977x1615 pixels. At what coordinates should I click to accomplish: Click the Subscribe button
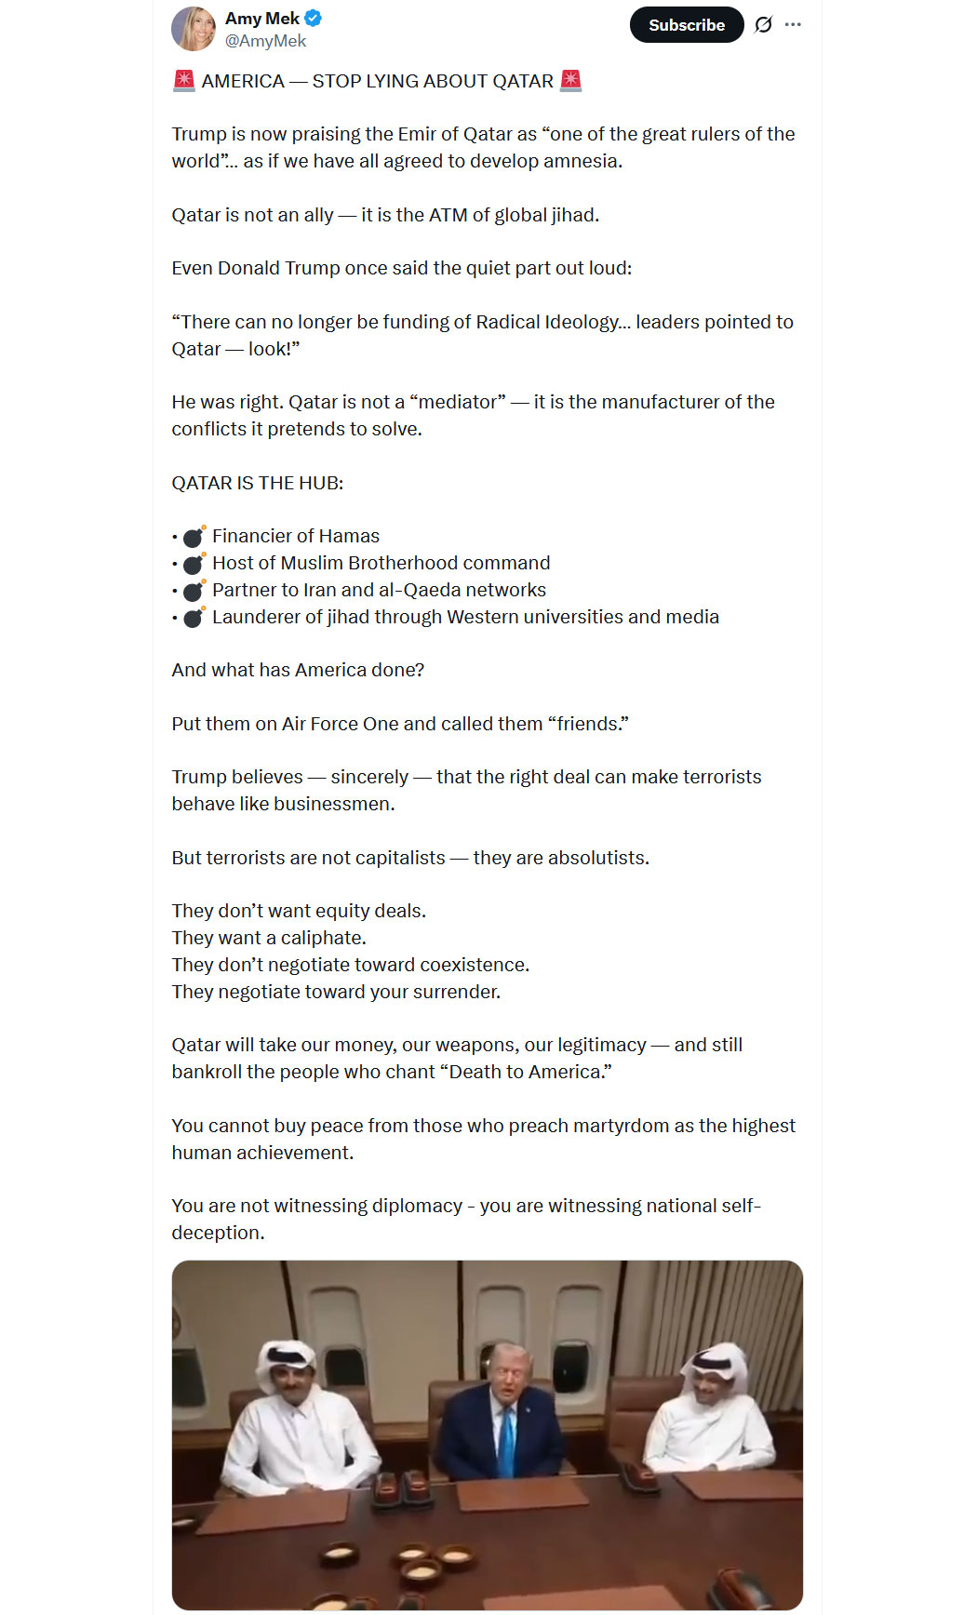pos(686,25)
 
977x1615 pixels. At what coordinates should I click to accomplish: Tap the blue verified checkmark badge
pos(314,18)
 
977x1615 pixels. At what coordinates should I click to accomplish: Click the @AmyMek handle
pos(265,41)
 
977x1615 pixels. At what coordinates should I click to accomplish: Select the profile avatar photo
pos(194,29)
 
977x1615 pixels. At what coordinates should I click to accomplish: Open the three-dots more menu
pos(793,25)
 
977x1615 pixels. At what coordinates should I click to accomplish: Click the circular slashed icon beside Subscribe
pos(763,25)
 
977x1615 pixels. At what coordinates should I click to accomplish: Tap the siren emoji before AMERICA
pos(183,81)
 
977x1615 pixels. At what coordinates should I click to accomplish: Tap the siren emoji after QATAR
pos(571,81)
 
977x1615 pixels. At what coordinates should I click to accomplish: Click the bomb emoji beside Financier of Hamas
pos(194,537)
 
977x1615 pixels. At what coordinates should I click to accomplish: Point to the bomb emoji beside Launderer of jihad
pos(194,618)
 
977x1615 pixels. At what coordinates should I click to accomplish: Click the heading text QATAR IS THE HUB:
pos(258,483)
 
